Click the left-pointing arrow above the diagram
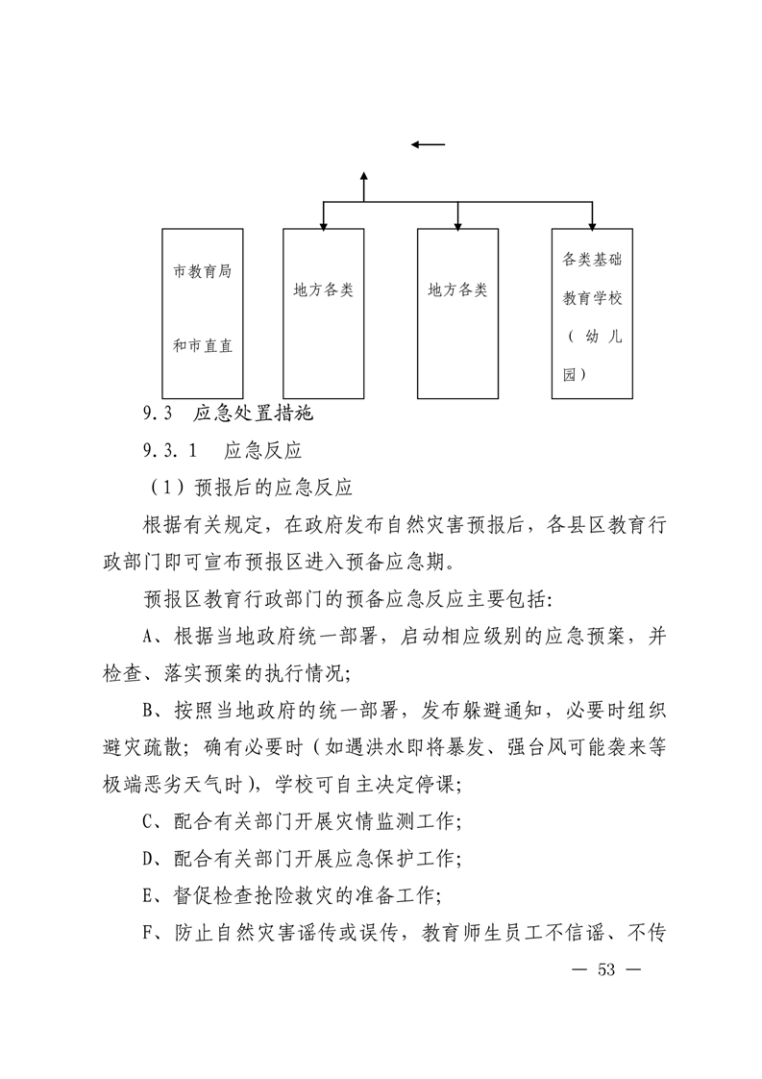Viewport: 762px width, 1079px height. point(428,144)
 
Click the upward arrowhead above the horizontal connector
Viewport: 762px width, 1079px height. point(364,177)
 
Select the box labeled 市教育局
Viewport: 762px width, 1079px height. point(202,314)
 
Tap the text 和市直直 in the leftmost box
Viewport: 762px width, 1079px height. point(202,345)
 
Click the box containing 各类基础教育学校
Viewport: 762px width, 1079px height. point(592,314)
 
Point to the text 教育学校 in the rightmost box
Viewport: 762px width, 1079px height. point(592,298)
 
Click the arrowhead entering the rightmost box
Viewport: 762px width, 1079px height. point(592,225)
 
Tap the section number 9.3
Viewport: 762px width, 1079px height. point(158,414)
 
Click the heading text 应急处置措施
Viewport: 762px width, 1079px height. point(253,414)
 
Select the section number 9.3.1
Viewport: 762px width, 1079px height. point(170,451)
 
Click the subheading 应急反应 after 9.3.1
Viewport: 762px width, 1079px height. point(263,451)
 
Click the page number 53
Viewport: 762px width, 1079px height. point(606,969)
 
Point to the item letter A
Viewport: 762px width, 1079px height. point(148,637)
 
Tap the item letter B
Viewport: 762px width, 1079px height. point(148,711)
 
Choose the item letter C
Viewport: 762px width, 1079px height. point(148,821)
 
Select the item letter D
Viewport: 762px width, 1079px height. point(148,859)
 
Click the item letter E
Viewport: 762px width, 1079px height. point(148,896)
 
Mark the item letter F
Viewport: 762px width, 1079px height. point(148,933)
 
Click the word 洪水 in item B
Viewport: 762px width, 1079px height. point(385,747)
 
